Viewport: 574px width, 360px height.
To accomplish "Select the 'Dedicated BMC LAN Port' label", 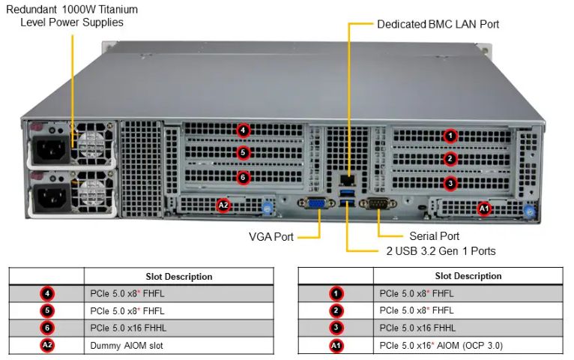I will (x=438, y=24).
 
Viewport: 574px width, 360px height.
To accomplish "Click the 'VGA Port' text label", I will (x=271, y=237).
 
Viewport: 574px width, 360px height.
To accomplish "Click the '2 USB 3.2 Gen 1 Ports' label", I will (x=441, y=250).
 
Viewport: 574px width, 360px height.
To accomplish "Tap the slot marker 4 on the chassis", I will (x=242, y=130).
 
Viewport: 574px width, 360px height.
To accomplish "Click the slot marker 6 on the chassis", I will (x=242, y=178).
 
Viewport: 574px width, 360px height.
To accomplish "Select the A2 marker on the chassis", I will (x=223, y=204).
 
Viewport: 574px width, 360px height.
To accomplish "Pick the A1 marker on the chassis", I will (x=483, y=208).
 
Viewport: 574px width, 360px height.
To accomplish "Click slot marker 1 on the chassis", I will (x=450, y=136).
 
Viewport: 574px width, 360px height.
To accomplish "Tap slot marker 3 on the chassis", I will (x=450, y=182).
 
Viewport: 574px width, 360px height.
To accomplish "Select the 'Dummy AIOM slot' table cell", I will (x=126, y=345).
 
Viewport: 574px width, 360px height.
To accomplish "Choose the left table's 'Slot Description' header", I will (x=178, y=276).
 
